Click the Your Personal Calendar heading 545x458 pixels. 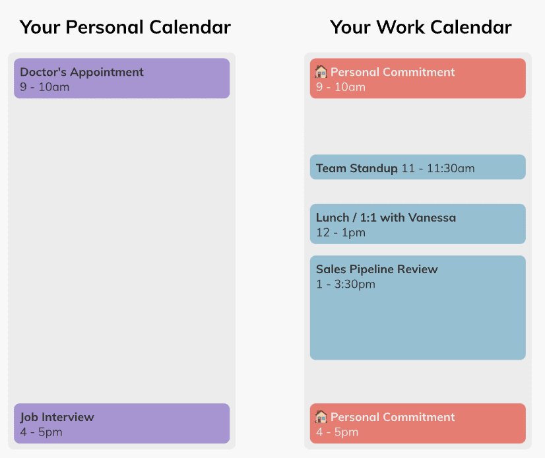[x=125, y=27]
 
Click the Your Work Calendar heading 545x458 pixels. [x=420, y=27]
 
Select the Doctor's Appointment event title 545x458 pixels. [x=82, y=72]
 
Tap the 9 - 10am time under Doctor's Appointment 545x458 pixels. [x=44, y=87]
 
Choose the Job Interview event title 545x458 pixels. [x=57, y=417]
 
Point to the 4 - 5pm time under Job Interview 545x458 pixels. [x=41, y=432]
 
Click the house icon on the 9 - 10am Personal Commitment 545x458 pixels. [x=321, y=72]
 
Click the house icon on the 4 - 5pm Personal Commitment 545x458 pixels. [x=321, y=416]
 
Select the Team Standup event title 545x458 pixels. [x=356, y=168]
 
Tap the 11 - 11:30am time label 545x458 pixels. [x=438, y=168]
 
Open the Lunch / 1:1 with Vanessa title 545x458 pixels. [x=386, y=218]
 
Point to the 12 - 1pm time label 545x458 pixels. [x=340, y=232]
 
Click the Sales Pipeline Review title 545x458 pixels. [x=377, y=269]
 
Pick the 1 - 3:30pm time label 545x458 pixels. [x=346, y=284]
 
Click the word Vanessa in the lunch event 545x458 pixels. [x=432, y=218]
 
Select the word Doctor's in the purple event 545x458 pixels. [x=43, y=72]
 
